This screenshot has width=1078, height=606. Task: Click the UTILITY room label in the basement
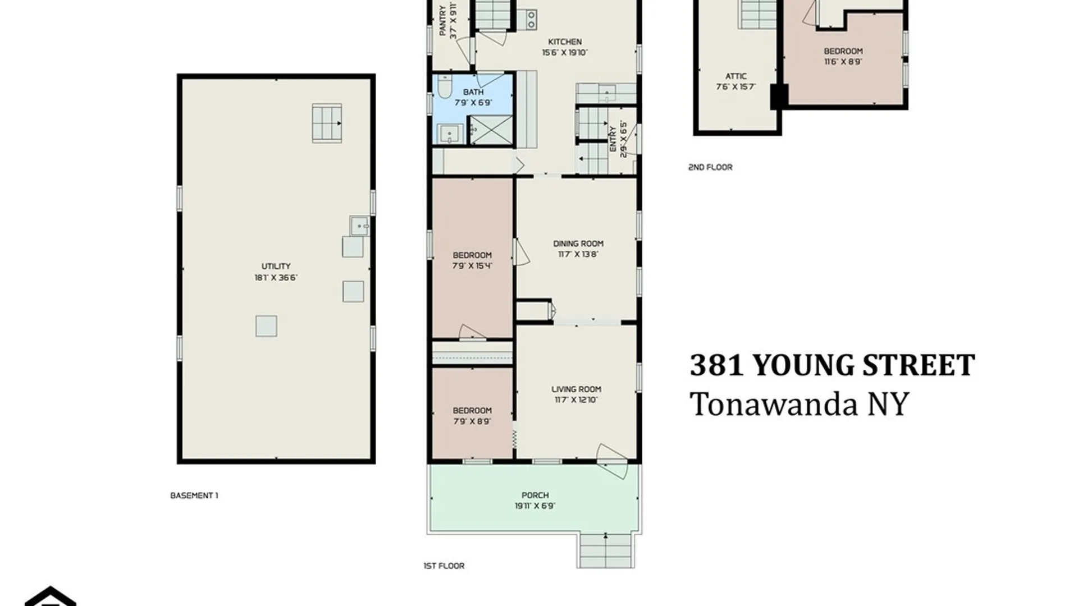click(276, 266)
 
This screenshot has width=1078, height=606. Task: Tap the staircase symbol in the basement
click(327, 123)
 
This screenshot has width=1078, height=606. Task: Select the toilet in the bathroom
click(445, 87)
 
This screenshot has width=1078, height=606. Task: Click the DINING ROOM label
click(578, 244)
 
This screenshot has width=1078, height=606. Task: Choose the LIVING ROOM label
click(576, 389)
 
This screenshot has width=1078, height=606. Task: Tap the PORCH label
click(535, 495)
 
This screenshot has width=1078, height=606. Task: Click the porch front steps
click(606, 550)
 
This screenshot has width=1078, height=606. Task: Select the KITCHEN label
click(565, 42)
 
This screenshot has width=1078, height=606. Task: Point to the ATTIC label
click(736, 76)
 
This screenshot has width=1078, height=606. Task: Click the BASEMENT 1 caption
click(194, 495)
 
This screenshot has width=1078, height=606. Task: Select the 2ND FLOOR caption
click(710, 167)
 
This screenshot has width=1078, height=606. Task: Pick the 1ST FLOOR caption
click(444, 566)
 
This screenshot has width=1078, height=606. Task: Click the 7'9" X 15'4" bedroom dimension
click(472, 265)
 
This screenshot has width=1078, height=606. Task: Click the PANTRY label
click(443, 21)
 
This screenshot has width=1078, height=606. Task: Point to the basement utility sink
click(359, 226)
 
